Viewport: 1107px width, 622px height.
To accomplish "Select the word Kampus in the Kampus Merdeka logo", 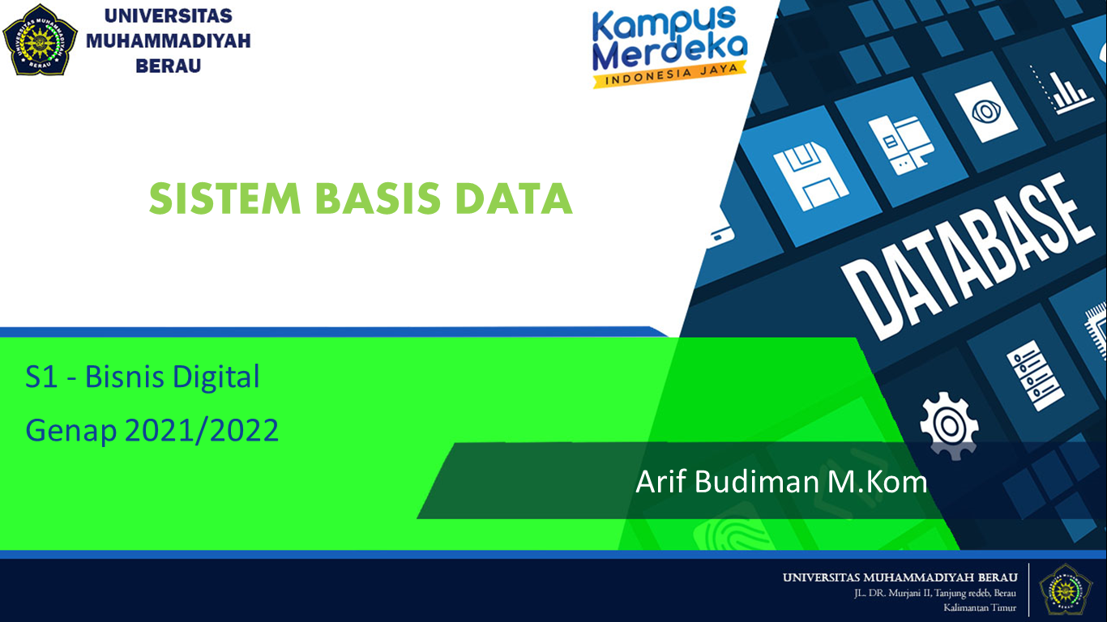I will click(x=652, y=25).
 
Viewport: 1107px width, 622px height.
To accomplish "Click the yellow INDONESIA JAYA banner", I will click(x=669, y=74).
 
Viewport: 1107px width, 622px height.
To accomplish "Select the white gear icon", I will click(x=949, y=424).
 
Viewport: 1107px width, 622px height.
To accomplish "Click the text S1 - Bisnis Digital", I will click(x=143, y=377).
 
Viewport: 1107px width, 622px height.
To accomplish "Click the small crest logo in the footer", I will click(x=1066, y=590).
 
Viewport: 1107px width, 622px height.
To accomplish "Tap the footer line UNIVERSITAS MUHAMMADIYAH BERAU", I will click(x=900, y=577).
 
